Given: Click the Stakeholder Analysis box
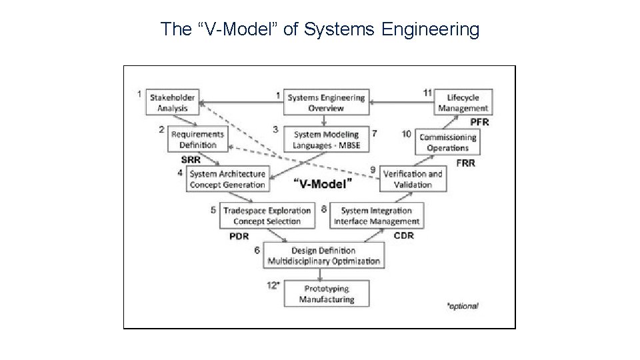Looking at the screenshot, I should click(x=172, y=103).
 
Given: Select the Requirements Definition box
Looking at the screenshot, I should click(x=197, y=139).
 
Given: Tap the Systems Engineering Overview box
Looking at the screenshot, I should click(x=326, y=103).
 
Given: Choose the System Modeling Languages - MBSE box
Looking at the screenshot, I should click(x=326, y=140).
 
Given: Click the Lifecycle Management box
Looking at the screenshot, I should click(x=463, y=103).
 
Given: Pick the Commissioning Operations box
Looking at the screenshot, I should click(x=447, y=143).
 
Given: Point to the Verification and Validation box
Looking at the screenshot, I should click(x=413, y=179).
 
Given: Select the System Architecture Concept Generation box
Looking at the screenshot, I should click(x=227, y=179).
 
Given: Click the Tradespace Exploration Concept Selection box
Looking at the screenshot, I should click(x=267, y=216).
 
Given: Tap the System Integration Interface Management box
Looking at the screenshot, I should click(x=377, y=216).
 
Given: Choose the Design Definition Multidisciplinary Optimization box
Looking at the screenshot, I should click(x=325, y=255).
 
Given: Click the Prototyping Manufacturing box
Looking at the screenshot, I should click(x=326, y=294).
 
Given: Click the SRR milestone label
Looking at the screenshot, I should click(x=191, y=159).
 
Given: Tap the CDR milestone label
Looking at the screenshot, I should click(x=404, y=235).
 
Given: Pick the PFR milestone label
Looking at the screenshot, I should click(x=479, y=122).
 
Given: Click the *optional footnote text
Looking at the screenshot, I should click(x=462, y=306).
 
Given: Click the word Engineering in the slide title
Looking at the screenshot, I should click(x=436, y=29).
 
